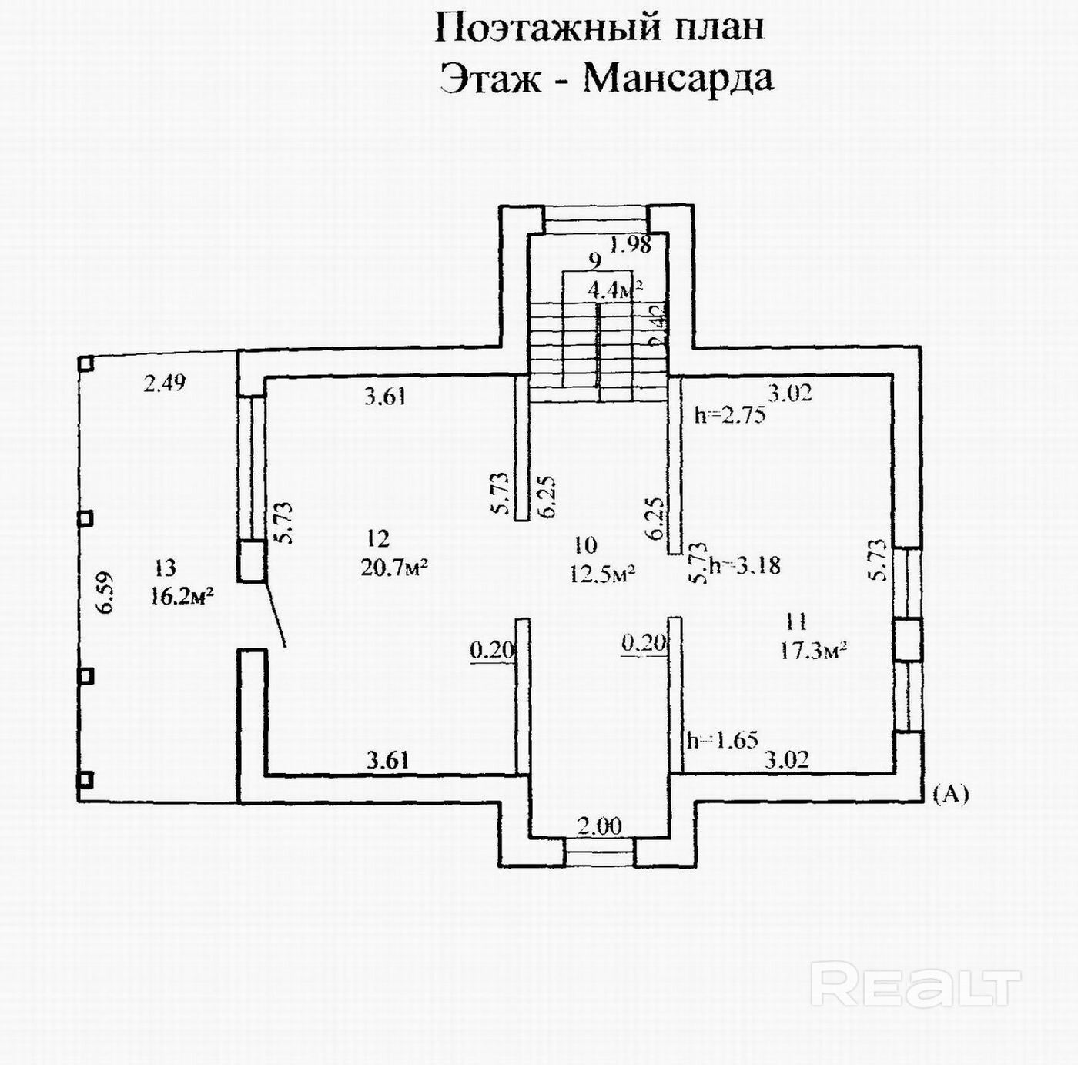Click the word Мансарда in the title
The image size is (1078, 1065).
coord(678,78)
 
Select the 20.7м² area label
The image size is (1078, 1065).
coord(394,568)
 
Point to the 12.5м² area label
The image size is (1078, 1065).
coord(601,574)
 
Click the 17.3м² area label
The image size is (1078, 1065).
coord(814,651)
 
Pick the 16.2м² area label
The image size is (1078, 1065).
coord(182,597)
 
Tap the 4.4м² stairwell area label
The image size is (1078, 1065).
coord(614,290)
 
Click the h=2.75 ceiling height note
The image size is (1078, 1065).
coord(729,415)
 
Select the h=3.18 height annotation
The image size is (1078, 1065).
coord(744,565)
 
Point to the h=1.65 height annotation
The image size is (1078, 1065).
coord(722,741)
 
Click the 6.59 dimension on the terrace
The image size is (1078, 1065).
coord(105,591)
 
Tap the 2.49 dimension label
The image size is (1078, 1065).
coord(165,383)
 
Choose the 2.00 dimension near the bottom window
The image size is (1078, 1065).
coord(600,827)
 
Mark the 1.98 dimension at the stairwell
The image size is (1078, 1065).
coord(631,245)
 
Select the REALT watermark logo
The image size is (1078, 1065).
coord(916,984)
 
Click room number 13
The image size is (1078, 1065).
coord(165,568)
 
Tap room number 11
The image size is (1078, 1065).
coord(797,621)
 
